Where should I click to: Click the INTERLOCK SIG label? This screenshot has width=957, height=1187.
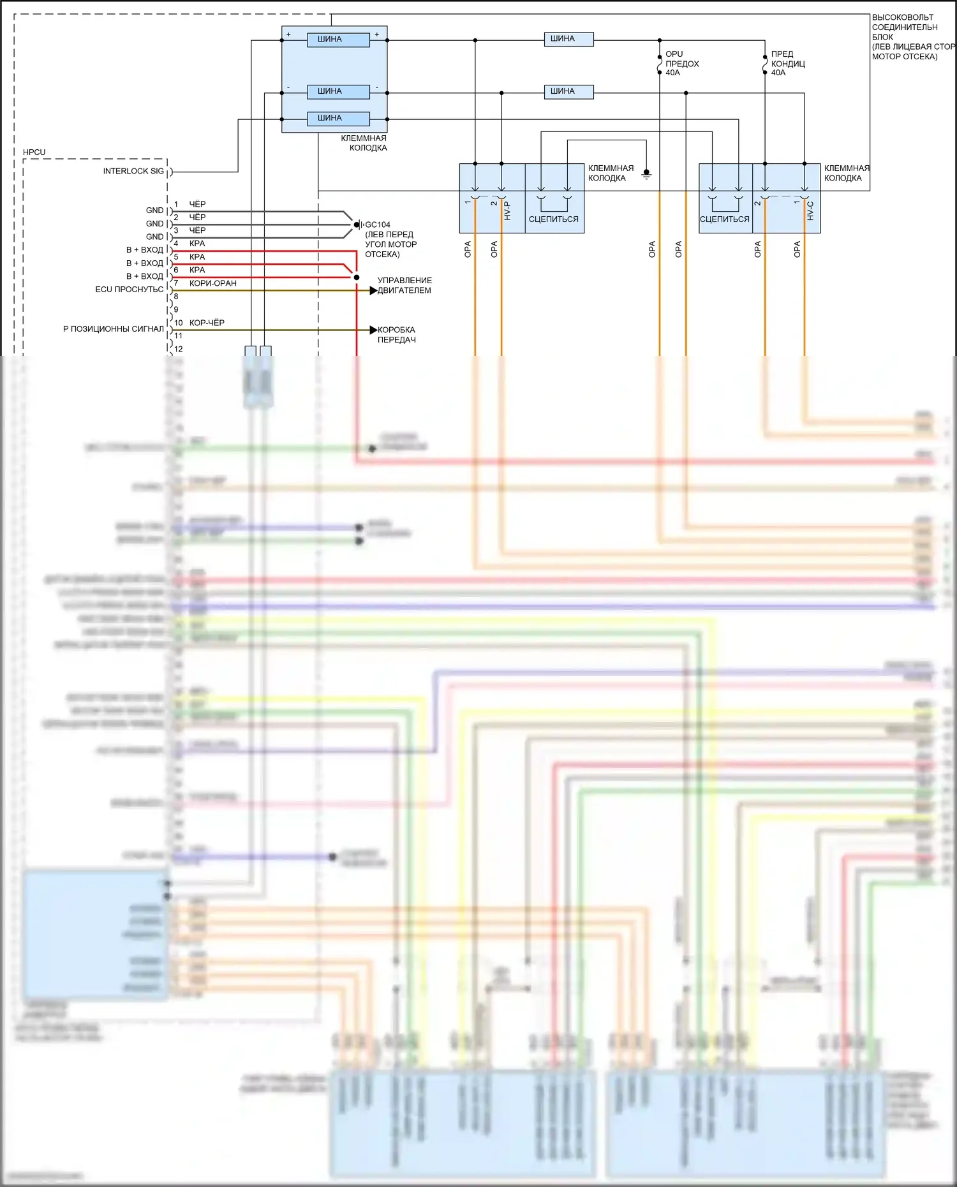tap(133, 171)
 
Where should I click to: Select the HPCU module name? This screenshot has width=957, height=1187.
tap(34, 152)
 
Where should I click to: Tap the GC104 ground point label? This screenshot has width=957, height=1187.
tap(378, 225)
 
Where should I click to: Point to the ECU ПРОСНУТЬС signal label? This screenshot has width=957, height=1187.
tap(129, 290)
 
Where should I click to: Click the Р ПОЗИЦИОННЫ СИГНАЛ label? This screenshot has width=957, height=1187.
tap(113, 329)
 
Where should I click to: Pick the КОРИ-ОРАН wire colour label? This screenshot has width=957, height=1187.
tap(212, 283)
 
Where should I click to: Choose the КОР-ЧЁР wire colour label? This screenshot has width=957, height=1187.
tap(207, 323)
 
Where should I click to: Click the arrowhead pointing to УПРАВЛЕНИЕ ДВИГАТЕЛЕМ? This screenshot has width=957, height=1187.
tap(373, 291)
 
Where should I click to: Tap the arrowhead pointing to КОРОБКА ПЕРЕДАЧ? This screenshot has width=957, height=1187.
tap(373, 330)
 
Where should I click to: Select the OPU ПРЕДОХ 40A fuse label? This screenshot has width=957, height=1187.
tap(681, 63)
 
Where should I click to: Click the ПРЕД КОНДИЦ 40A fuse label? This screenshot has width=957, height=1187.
tap(787, 63)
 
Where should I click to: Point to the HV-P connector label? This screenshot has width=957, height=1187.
tap(508, 211)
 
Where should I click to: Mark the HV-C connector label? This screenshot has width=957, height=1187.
tap(810, 211)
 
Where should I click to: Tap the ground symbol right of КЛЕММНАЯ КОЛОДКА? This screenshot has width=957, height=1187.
tap(646, 173)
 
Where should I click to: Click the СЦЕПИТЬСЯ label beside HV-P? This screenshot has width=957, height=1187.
tap(553, 219)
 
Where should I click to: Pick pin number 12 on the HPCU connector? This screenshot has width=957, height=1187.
tap(179, 349)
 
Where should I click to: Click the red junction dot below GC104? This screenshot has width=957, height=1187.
tap(357, 277)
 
